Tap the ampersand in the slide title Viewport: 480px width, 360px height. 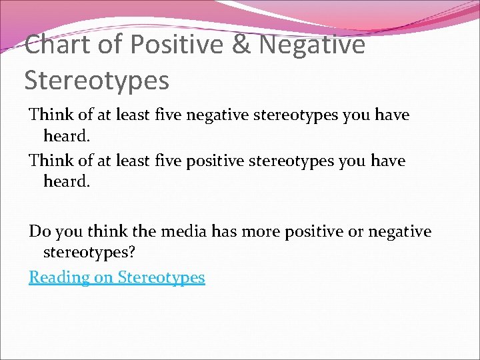244,45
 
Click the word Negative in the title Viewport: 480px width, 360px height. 311,45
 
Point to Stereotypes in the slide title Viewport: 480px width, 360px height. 97,81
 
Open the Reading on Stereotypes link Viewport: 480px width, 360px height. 117,277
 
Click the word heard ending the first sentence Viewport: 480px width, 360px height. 65,137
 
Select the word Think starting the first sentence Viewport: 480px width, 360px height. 51,115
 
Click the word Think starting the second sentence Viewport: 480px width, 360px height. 51,161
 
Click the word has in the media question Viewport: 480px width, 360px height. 224,231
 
